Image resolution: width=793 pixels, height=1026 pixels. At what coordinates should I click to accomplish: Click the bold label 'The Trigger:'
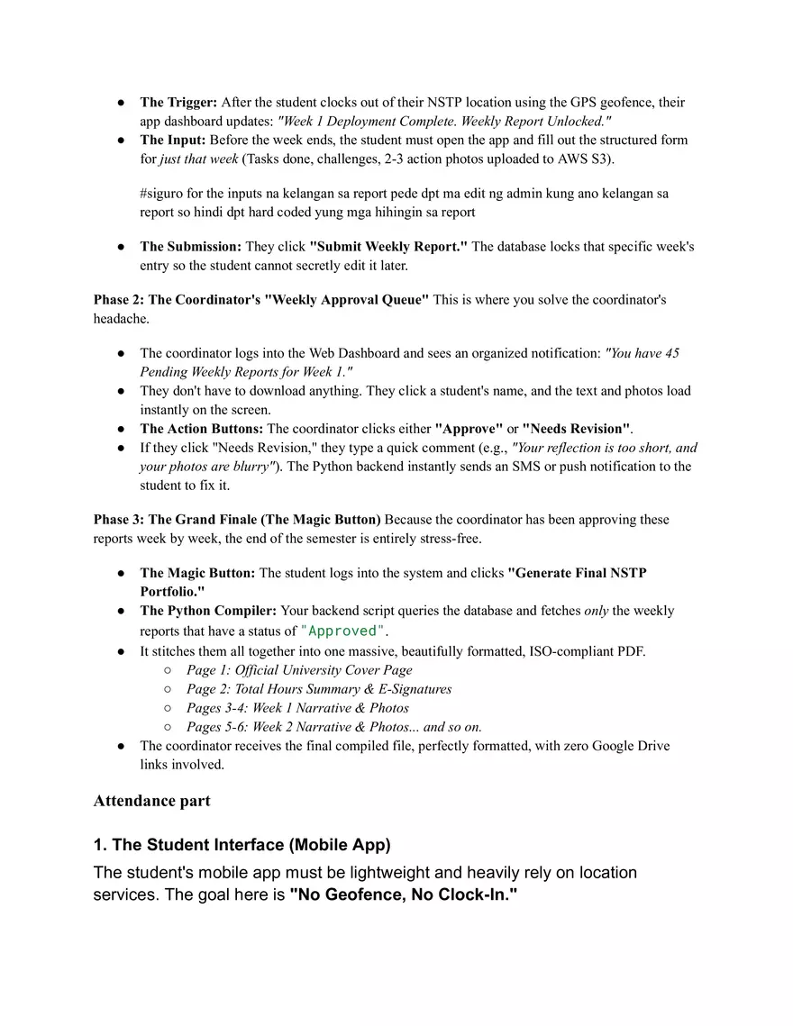point(178,103)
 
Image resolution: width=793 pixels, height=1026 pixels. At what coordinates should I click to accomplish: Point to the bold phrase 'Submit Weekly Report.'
point(388,246)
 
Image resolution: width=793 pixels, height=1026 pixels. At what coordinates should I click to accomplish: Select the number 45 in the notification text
point(670,353)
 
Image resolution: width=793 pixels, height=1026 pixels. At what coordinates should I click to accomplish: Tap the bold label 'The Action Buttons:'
point(202,429)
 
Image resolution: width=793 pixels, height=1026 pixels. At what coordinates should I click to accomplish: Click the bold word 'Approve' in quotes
point(469,429)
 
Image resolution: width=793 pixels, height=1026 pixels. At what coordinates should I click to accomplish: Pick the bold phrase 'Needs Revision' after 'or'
point(576,429)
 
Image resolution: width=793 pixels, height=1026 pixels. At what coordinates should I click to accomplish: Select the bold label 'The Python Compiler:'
point(209,611)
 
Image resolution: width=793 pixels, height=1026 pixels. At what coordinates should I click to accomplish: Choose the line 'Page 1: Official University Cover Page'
point(299,670)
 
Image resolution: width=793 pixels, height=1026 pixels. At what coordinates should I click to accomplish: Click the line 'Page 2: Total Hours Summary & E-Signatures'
point(319,689)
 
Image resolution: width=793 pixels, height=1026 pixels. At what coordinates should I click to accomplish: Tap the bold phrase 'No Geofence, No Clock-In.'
point(404,897)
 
